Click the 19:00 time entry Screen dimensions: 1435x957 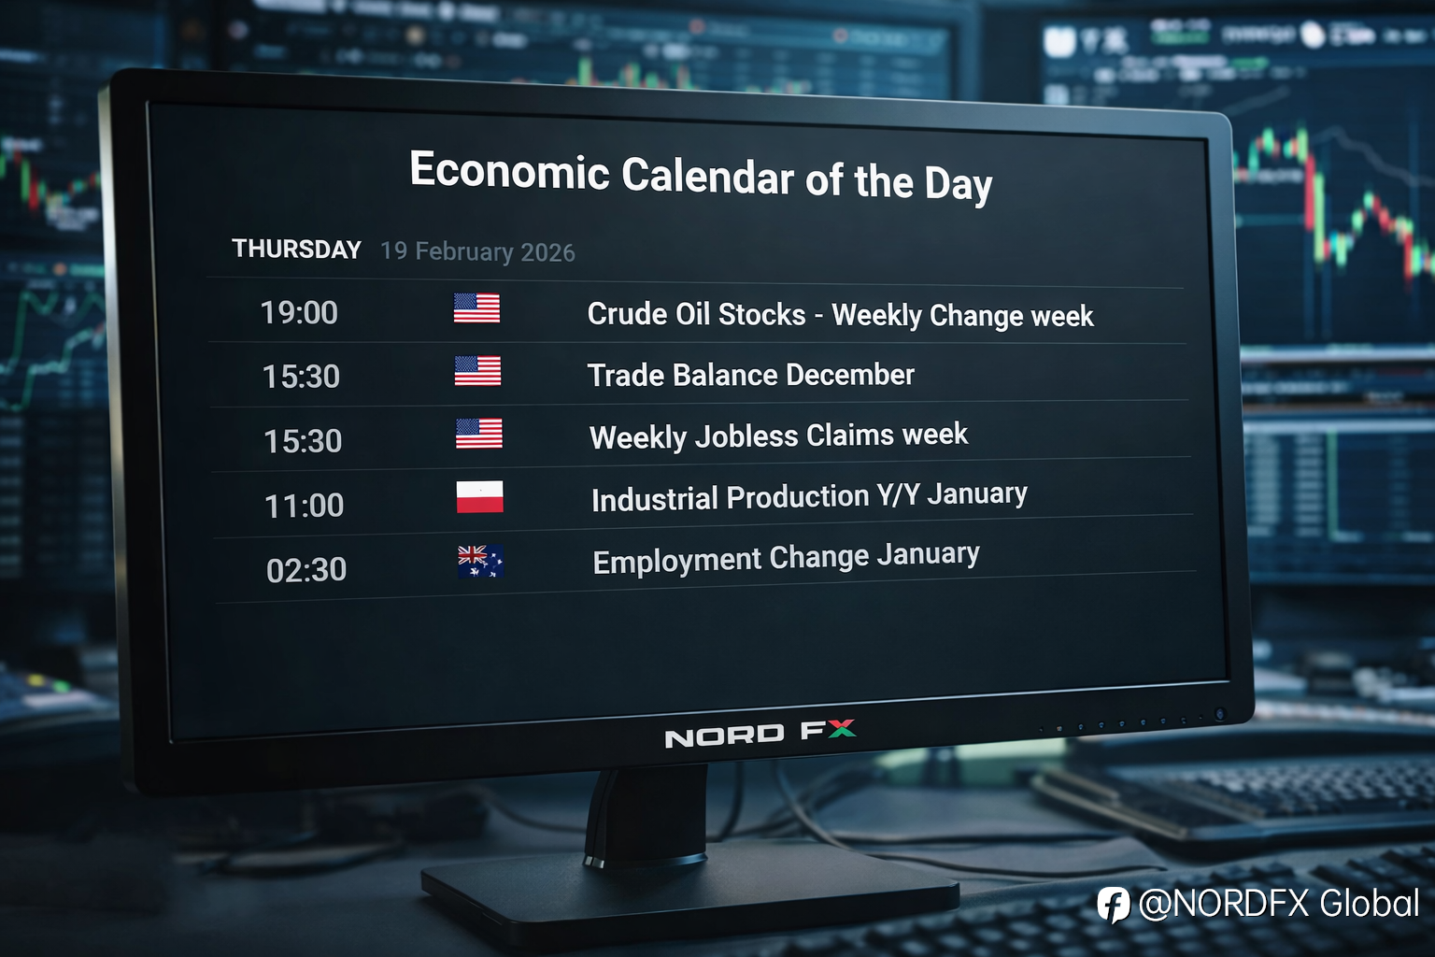[299, 313]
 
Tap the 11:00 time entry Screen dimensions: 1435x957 [305, 505]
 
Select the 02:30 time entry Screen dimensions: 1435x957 [306, 569]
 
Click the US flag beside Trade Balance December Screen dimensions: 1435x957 [478, 371]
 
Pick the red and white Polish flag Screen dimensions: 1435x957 [480, 497]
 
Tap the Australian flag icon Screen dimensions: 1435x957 [480, 562]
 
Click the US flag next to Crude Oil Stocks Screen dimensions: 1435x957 [476, 308]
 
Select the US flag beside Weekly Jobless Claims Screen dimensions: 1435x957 [479, 434]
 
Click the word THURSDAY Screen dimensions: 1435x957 [296, 249]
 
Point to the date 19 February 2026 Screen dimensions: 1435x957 [478, 252]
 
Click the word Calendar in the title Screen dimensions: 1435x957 [708, 175]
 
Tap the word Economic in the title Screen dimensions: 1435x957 [509, 170]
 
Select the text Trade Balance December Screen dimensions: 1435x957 [751, 375]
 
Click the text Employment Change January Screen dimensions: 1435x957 [786, 558]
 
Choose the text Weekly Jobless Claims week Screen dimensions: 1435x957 [779, 436]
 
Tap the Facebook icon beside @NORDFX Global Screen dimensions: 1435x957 [1114, 905]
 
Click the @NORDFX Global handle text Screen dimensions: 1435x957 [1279, 904]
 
